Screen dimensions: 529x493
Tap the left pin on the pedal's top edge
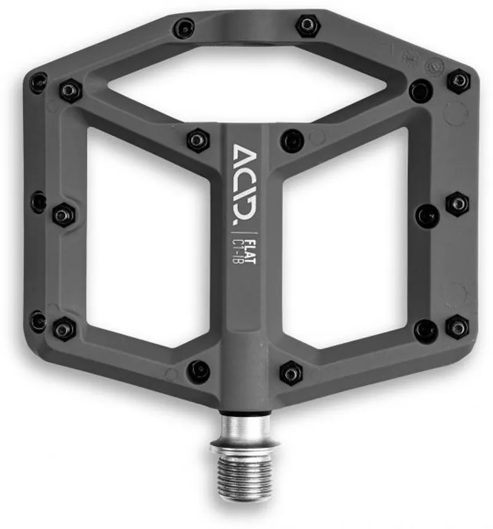[184, 28]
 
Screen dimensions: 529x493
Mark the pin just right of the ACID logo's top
[291, 141]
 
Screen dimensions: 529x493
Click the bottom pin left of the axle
[198, 371]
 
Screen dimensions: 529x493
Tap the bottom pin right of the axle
[291, 372]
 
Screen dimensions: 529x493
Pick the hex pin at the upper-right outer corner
[458, 81]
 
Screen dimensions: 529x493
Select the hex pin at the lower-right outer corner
[457, 326]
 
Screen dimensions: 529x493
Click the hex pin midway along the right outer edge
[457, 203]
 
